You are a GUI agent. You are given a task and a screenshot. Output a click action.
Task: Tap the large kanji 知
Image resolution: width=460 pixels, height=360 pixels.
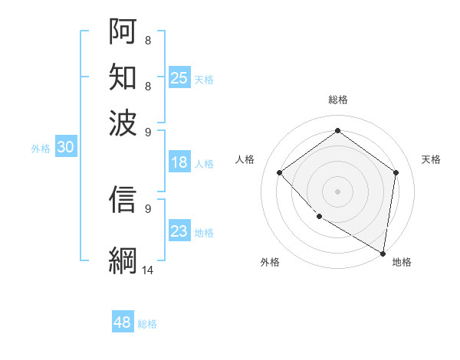(123, 77)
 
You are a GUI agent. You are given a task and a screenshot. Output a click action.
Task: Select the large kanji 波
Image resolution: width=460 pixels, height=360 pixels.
(123, 123)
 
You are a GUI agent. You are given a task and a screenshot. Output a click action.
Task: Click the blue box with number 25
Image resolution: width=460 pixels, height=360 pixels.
(179, 78)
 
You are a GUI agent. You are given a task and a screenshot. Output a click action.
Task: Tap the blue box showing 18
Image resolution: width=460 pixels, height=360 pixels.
(179, 162)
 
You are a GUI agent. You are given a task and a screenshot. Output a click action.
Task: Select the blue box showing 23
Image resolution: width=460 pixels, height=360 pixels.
(179, 231)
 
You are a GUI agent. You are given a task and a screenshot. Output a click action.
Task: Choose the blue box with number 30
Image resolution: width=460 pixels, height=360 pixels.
(65, 148)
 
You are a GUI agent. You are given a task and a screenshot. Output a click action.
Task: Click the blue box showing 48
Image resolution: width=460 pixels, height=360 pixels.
(123, 322)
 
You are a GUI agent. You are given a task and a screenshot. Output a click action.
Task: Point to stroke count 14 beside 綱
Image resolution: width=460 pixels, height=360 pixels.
(148, 270)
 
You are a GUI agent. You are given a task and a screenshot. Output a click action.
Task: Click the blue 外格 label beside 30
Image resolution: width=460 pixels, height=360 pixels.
(41, 149)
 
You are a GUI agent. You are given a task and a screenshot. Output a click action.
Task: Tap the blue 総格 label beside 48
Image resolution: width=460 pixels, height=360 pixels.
(147, 324)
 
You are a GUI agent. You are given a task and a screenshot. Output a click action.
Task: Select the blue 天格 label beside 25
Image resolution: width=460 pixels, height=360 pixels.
(204, 79)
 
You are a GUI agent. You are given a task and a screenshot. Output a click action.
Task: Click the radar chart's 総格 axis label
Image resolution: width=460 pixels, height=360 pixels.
(337, 100)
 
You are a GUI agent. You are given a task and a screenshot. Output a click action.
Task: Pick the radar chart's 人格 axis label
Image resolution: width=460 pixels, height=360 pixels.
(245, 159)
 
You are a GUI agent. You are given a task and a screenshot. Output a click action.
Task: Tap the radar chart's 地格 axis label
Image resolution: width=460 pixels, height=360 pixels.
(402, 262)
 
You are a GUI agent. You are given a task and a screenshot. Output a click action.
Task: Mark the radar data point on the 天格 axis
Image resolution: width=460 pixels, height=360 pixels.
(396, 172)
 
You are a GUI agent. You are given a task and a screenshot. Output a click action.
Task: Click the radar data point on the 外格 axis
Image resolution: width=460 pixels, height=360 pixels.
(319, 216)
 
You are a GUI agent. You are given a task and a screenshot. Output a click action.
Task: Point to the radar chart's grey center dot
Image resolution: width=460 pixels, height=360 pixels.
(337, 191)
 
